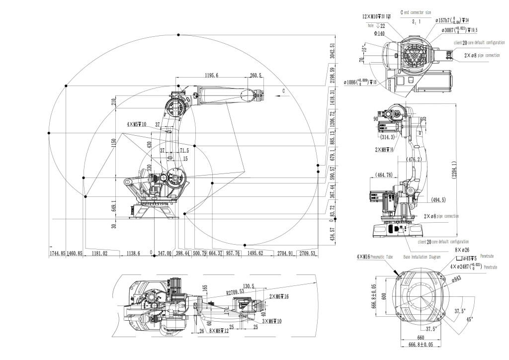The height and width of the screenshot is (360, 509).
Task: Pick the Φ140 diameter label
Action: click(x=379, y=33)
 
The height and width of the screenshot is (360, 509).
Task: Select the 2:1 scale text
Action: click(x=416, y=21)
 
